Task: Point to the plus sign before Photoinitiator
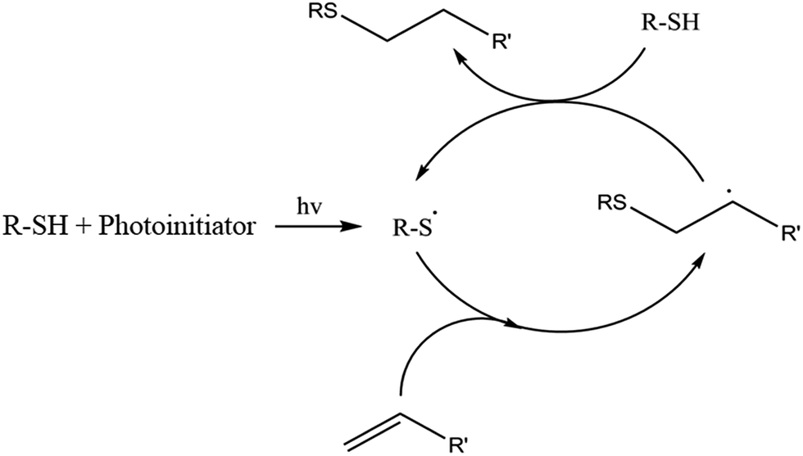coord(84,226)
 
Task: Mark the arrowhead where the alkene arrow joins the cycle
coord(513,324)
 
